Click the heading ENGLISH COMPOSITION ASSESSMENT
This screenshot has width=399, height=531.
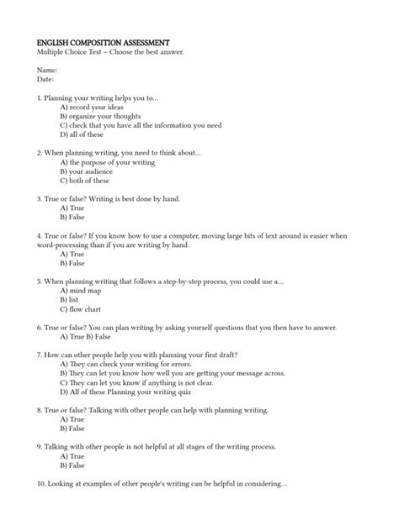pos(104,42)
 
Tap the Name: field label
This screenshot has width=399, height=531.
pos(47,70)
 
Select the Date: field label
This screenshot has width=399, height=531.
pos(45,79)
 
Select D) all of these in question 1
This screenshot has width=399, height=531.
pos(82,134)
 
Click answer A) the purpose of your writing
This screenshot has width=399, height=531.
pos(108,162)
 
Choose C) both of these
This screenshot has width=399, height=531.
pos(84,181)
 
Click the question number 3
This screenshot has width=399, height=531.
pos(40,199)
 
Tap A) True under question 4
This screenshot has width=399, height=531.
pos(72,254)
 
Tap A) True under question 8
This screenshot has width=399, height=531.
pos(72,418)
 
